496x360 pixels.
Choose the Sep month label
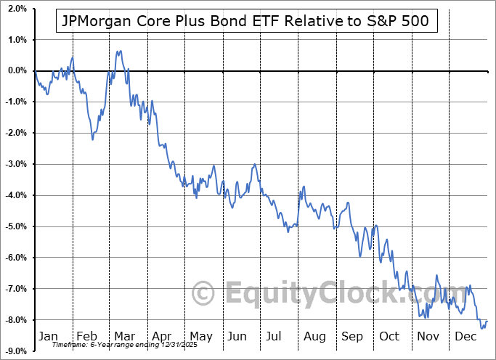(x=352, y=337)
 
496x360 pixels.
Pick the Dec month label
(x=466, y=337)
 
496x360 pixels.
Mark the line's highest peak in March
(x=119, y=51)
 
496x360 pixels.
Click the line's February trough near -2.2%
(x=92, y=139)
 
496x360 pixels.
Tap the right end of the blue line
(x=487, y=321)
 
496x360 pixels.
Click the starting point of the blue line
(x=34, y=70)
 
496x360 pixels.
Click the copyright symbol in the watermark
(x=203, y=294)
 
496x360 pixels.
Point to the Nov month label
(x=429, y=337)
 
